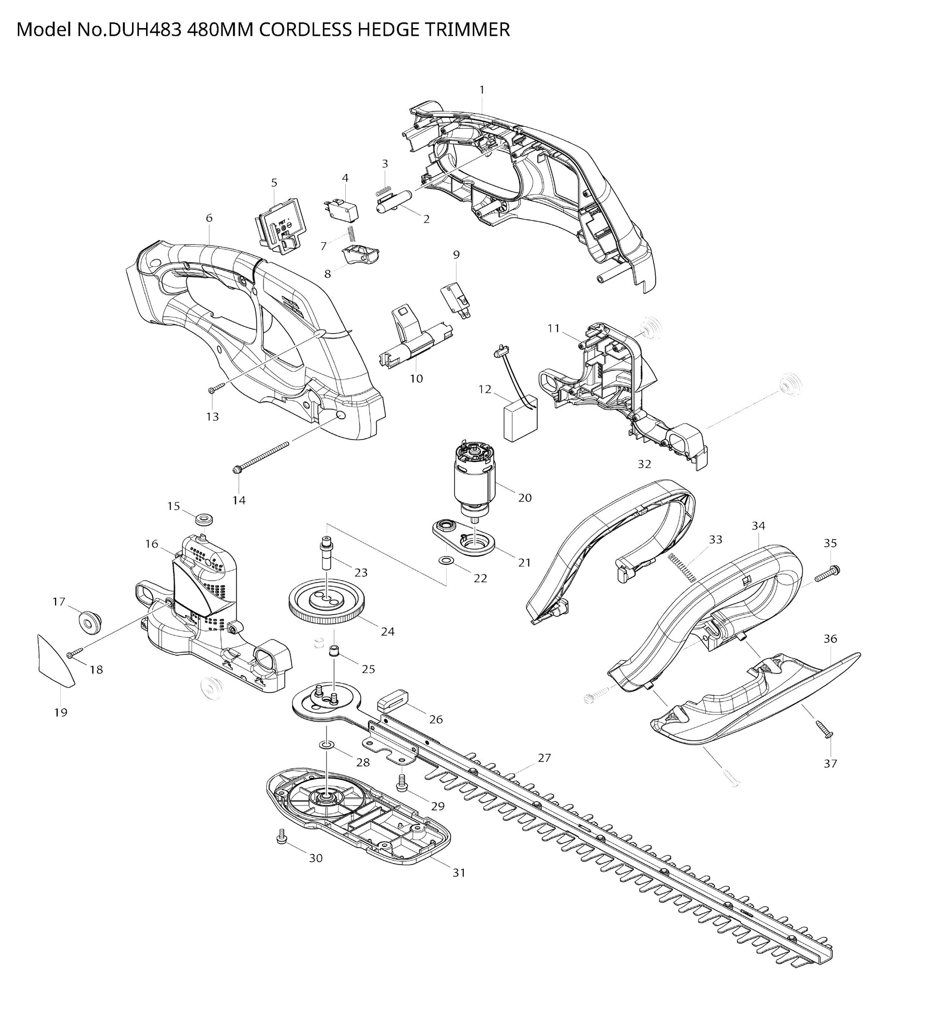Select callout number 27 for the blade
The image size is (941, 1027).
click(x=544, y=758)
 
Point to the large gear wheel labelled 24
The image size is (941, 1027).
click(x=327, y=603)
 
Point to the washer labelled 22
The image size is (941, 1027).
click(x=447, y=561)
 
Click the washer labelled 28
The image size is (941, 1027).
click(x=326, y=745)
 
